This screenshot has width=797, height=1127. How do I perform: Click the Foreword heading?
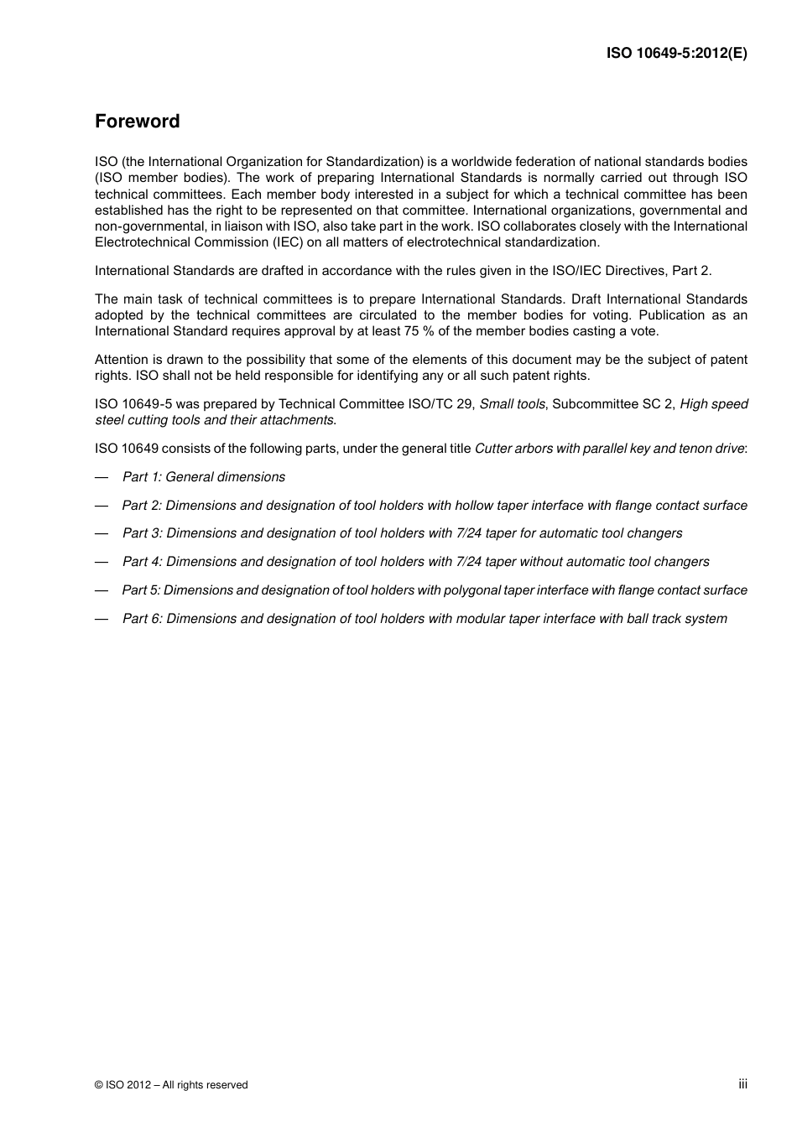138,122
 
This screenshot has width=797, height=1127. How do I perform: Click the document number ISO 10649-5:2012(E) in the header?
677,53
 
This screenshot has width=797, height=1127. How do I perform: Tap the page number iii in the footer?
742,1084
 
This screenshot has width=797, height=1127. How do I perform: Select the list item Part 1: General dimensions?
204,477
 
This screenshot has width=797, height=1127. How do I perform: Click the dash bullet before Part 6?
102,619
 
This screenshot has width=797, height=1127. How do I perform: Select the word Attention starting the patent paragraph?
121,360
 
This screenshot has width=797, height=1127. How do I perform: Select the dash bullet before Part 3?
102,533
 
